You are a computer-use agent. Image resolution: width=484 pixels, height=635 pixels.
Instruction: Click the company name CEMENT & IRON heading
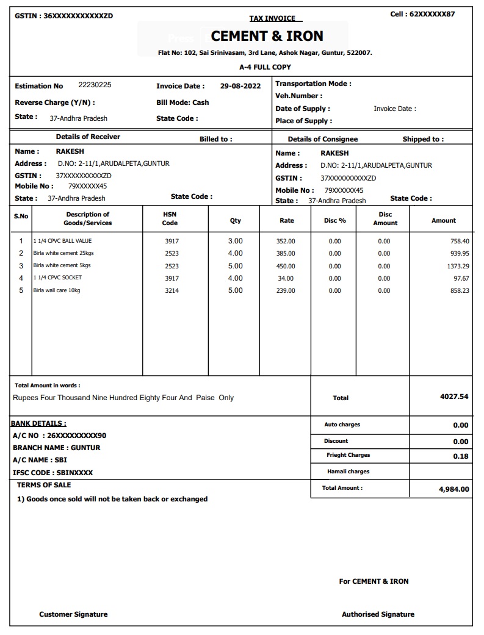tap(267, 36)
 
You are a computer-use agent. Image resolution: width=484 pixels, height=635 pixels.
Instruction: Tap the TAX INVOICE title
tap(272, 18)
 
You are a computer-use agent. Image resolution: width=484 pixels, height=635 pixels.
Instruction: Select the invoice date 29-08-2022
tap(240, 86)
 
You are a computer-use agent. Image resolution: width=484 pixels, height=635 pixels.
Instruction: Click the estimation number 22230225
tap(95, 85)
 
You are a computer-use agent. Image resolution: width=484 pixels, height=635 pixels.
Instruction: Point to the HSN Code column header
tap(170, 219)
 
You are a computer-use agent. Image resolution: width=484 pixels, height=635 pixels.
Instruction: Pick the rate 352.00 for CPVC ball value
tap(286, 241)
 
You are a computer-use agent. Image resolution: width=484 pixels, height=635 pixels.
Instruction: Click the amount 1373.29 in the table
tap(458, 266)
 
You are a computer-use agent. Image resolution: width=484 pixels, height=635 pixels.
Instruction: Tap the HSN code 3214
tap(172, 291)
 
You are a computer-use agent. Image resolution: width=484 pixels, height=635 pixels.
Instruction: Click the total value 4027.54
tap(454, 396)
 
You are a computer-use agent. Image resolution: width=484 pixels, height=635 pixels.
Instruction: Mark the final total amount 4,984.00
tap(454, 489)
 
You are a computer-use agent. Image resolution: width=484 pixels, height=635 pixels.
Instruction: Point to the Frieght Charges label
tap(348, 455)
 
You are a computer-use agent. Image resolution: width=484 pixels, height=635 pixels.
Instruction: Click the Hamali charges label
tap(349, 472)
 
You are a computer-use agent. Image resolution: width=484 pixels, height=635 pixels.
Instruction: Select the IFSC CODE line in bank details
tap(53, 473)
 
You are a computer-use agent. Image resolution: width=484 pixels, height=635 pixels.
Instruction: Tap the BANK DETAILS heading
tap(39, 423)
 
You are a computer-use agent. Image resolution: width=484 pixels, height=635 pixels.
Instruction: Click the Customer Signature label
tap(73, 614)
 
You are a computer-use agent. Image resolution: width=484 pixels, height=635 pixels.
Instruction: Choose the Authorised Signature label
tap(378, 614)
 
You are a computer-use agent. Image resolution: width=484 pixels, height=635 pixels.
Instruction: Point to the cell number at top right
tap(422, 14)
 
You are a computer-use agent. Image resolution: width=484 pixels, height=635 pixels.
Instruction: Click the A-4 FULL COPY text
tap(265, 67)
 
